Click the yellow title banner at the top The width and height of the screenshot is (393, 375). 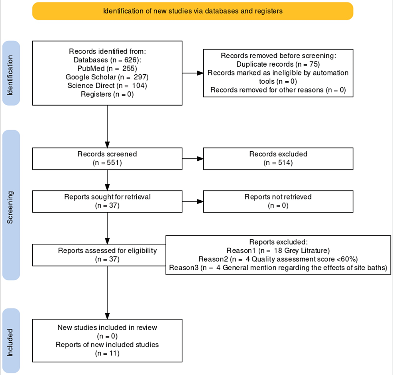(193, 11)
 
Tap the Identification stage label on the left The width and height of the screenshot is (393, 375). (11, 73)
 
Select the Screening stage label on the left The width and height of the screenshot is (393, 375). (11, 205)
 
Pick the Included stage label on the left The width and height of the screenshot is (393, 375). (11, 341)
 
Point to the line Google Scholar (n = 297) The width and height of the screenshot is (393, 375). (107, 77)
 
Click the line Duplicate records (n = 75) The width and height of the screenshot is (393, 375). (278, 64)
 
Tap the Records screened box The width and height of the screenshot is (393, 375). (107, 158)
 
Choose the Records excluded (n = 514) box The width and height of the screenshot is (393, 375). (278, 158)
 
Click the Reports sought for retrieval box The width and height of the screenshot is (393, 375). (107, 201)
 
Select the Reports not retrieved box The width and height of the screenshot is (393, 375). (278, 201)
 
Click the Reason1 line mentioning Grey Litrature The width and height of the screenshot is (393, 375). (278, 251)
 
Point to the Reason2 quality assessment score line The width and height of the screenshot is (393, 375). (278, 259)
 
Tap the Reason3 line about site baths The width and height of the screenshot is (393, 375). (278, 268)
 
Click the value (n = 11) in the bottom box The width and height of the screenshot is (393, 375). (107, 353)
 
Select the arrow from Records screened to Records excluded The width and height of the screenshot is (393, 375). (193, 158)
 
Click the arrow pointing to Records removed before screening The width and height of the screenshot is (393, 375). (193, 73)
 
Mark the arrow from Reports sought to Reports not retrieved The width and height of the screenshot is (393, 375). (193, 201)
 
